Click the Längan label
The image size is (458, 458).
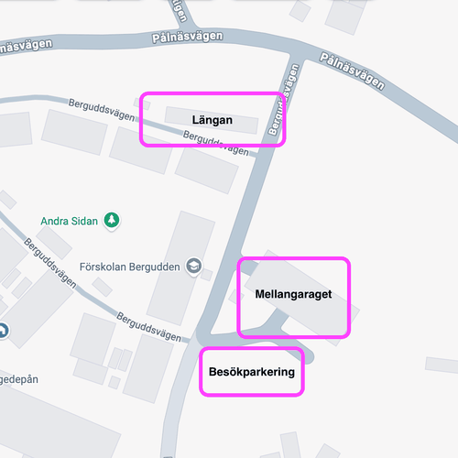pos(213,120)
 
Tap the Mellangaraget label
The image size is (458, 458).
pos(293,294)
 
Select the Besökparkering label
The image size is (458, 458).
pos(251,372)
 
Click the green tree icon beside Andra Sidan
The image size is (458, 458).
pos(112,221)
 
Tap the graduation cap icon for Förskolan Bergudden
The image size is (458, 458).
pos(193,266)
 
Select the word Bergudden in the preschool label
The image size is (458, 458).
pos(154,267)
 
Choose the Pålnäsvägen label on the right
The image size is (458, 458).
pos(352,71)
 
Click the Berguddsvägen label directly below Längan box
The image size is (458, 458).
pos(215,144)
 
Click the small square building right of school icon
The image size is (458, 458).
pos(207,274)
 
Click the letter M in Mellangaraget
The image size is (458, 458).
pos(259,294)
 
